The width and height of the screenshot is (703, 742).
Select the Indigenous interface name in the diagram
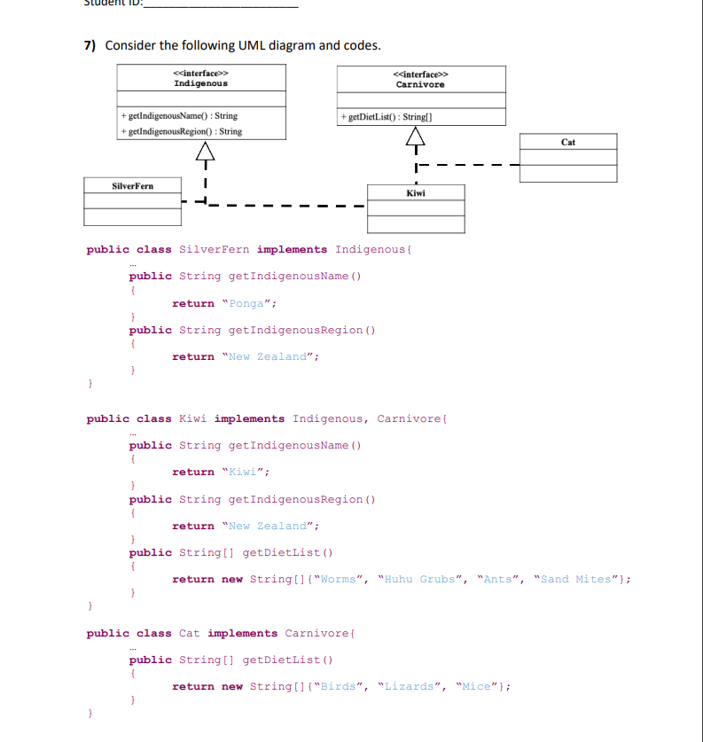pyautogui.click(x=200, y=83)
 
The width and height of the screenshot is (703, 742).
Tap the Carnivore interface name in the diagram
pyautogui.click(x=420, y=84)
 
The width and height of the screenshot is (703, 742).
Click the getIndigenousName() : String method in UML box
pyautogui.click(x=184, y=116)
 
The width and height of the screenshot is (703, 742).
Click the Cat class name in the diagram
pyautogui.click(x=568, y=142)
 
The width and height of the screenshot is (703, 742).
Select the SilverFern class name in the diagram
pyautogui.click(x=132, y=186)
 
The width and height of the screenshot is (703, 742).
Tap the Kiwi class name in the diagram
pyautogui.click(x=415, y=192)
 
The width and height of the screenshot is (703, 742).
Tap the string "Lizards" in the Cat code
pyautogui.click(x=410, y=687)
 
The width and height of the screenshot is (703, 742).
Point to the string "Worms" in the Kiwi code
pyautogui.click(x=337, y=580)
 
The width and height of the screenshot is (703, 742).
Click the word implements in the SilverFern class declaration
pyautogui.click(x=292, y=250)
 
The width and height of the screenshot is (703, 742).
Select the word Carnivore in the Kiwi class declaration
pyautogui.click(x=407, y=419)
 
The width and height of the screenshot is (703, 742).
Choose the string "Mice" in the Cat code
pyautogui.click(x=478, y=687)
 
